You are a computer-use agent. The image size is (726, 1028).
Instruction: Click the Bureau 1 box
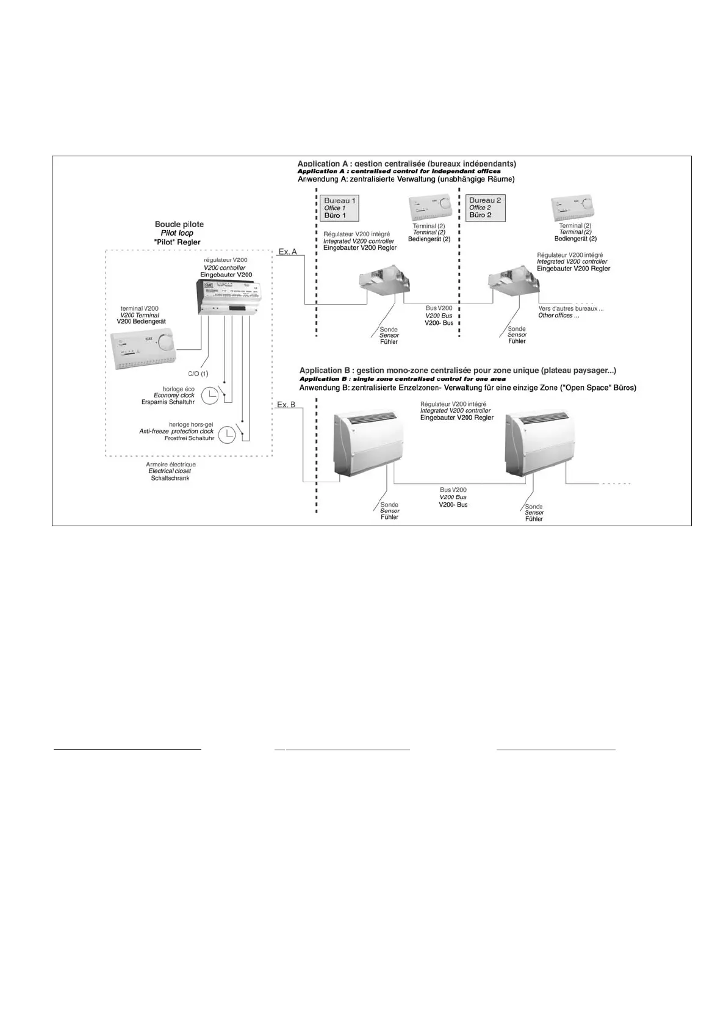click(x=339, y=208)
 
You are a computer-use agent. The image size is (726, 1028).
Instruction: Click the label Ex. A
click(x=287, y=252)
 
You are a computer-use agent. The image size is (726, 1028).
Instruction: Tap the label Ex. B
click(x=286, y=405)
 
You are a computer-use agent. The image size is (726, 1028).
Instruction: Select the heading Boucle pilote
click(x=179, y=224)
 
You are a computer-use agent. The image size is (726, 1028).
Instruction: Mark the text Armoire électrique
click(x=171, y=465)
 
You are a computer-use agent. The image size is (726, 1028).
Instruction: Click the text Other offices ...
click(x=558, y=316)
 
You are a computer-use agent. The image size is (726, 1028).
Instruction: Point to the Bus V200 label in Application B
click(x=453, y=490)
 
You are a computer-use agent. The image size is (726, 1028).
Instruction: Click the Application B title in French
click(x=458, y=371)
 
